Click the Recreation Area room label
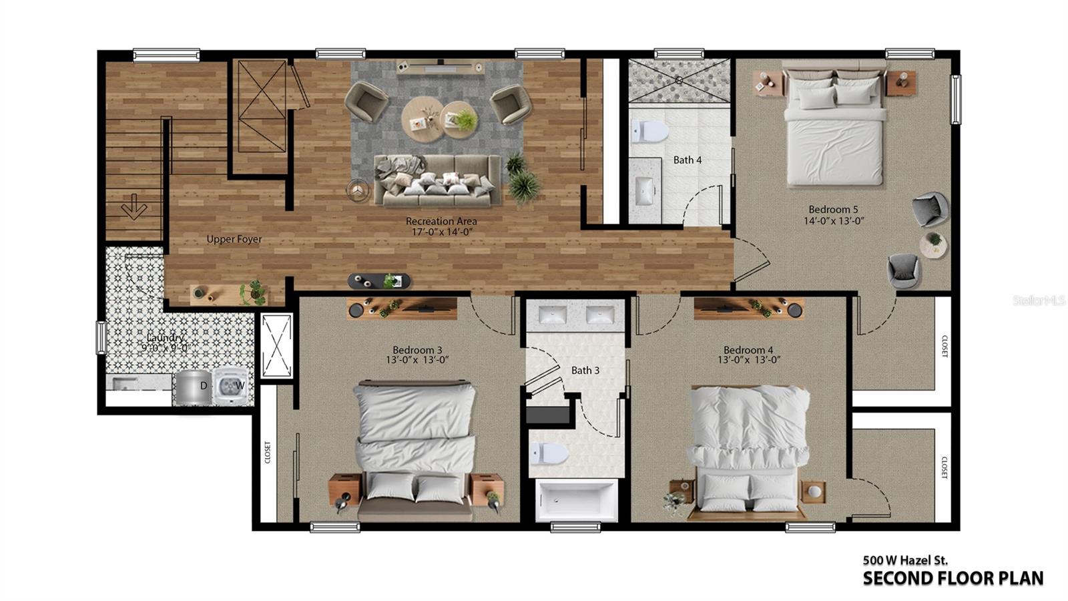(441, 221)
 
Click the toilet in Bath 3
(549, 453)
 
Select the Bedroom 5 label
(834, 209)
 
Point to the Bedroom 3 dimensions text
(417, 360)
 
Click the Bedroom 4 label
(748, 350)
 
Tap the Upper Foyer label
(234, 239)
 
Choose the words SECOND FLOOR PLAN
(953, 578)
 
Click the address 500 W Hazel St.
(904, 560)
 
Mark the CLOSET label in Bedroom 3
(268, 452)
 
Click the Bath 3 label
(585, 370)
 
